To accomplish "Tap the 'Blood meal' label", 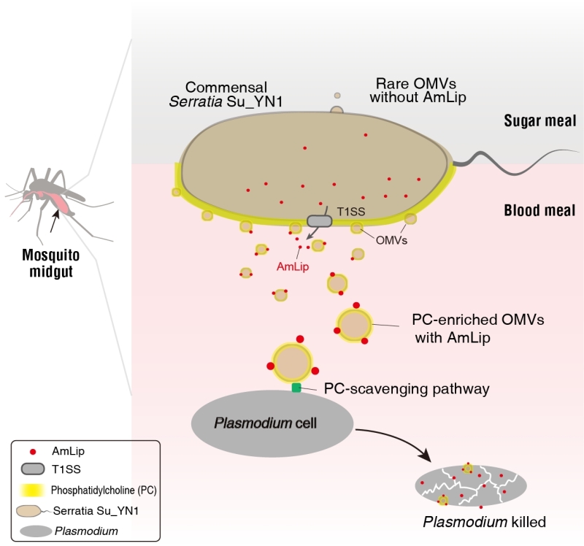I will (539, 212).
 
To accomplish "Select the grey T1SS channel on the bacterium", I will (319, 220).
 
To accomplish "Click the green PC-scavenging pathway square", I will (296, 388).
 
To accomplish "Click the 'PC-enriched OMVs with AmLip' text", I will (469, 328).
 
